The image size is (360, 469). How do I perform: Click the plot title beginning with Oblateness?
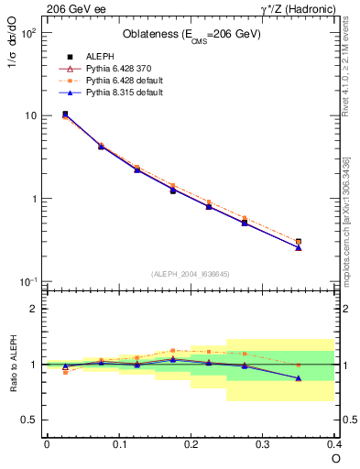[x=191, y=35]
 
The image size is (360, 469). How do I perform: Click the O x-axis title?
[x=335, y=457]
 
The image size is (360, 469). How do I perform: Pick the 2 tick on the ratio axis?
[x=34, y=310]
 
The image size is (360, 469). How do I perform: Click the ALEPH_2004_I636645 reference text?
[x=191, y=274]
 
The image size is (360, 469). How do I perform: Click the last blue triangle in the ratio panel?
[x=299, y=377]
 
